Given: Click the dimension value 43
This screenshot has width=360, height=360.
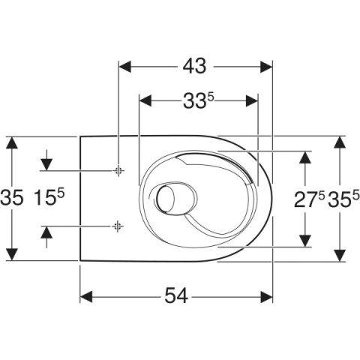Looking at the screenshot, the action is (x=194, y=67).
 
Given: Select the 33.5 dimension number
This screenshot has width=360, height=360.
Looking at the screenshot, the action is (x=199, y=100).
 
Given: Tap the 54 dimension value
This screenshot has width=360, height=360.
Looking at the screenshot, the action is (x=176, y=295).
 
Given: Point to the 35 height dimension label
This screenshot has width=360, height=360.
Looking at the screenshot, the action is (x=12, y=197).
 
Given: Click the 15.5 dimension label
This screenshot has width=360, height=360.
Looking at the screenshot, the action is (x=49, y=197).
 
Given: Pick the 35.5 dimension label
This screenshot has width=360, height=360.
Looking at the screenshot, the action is (x=343, y=199).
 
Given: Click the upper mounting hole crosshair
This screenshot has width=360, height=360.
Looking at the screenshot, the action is (x=118, y=171).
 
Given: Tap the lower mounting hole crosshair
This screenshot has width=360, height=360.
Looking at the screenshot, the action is (x=118, y=226).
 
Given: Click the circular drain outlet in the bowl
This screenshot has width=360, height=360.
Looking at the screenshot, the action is (x=165, y=198).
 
